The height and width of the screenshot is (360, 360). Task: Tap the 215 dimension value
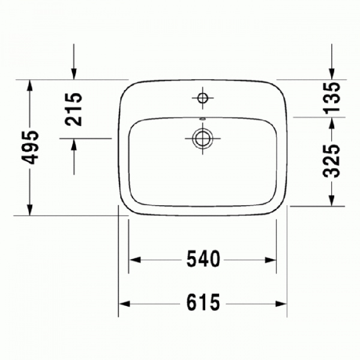point(74,109)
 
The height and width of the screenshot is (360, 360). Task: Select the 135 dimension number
point(332,97)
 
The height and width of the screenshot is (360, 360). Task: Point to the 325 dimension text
point(332,161)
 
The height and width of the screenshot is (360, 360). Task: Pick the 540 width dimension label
point(202,260)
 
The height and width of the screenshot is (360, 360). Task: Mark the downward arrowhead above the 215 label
point(74,73)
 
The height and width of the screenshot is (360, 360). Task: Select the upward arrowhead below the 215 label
point(74,144)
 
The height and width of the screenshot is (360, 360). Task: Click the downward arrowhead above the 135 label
point(332,73)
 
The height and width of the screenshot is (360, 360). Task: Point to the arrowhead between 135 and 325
point(332,122)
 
